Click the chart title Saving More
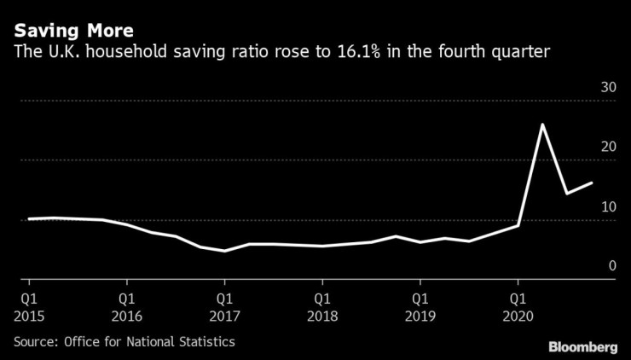(x=72, y=31)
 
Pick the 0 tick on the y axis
(x=611, y=266)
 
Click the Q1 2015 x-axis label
(x=29, y=307)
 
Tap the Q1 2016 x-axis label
(x=127, y=307)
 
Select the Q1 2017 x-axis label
(x=224, y=307)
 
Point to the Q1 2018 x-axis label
(x=322, y=307)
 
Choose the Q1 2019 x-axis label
(x=420, y=307)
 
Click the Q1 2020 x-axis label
(x=518, y=307)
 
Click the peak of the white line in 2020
(x=542, y=125)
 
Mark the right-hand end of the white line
(x=591, y=183)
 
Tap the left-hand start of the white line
(x=29, y=218)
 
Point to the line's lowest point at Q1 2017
(x=224, y=251)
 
